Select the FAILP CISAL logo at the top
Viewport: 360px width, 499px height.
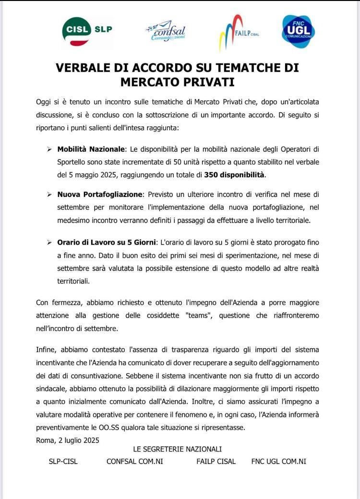[x=239, y=32]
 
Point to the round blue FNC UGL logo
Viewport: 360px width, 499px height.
[x=298, y=31]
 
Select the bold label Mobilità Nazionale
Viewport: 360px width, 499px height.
[x=91, y=149]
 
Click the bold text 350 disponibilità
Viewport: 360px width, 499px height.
[x=234, y=174]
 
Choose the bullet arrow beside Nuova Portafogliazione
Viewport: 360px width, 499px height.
[x=49, y=195]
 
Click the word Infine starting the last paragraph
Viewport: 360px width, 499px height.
[x=46, y=349]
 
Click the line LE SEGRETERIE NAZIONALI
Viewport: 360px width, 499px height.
[x=177, y=449]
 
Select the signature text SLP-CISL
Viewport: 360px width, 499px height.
[x=63, y=462]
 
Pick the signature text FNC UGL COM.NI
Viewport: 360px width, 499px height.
[x=279, y=462]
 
